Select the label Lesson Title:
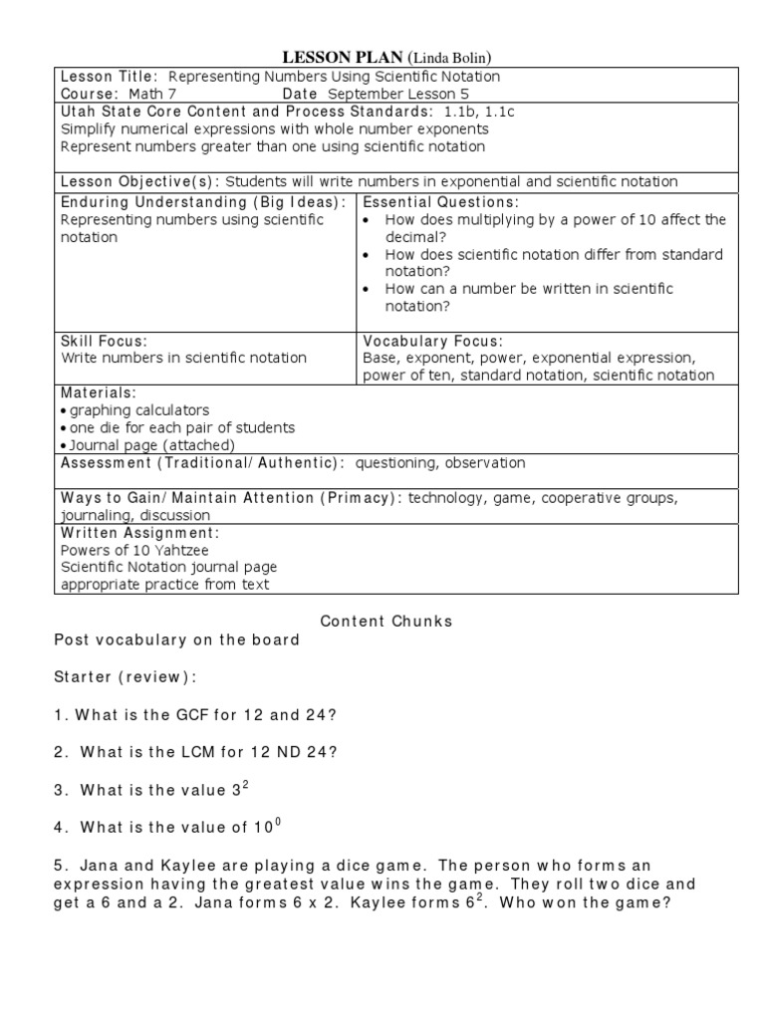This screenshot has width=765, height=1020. tap(110, 77)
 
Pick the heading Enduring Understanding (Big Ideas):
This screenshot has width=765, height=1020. tap(203, 201)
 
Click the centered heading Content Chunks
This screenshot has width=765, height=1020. tap(386, 622)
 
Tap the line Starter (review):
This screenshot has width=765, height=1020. tap(126, 677)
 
